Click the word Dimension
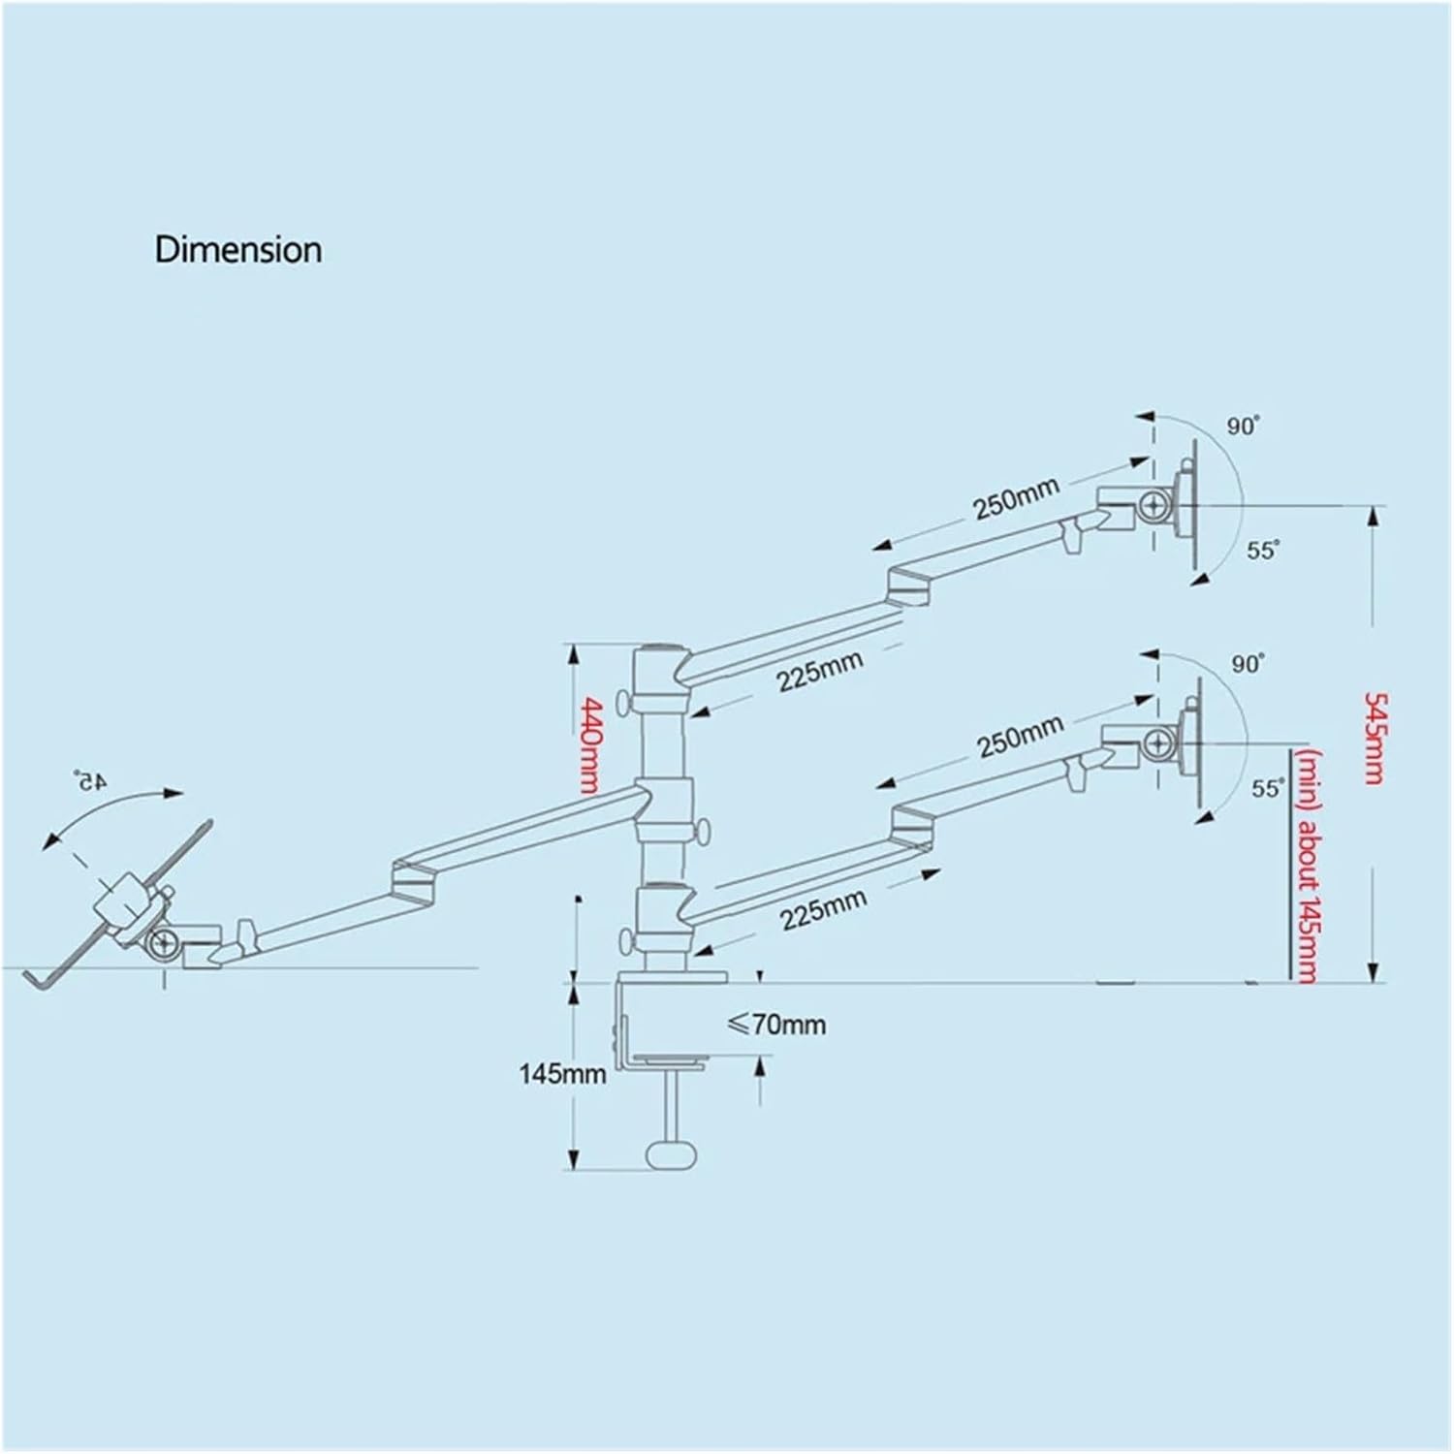pos(238,250)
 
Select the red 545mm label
pos(1374,738)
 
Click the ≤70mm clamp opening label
pos(776,1024)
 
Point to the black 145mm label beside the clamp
pos(563,1073)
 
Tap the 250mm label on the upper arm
pos(1017,498)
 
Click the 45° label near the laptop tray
pos(90,780)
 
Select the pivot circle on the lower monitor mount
pos(1158,744)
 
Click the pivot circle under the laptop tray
pos(163,943)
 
